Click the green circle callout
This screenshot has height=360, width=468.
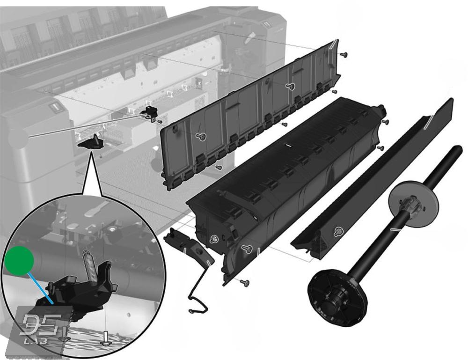19,261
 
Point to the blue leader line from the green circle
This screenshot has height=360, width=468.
41,288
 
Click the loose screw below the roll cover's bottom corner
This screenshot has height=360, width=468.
245,282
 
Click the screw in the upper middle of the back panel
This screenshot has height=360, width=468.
290,86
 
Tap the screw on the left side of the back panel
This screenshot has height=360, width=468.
201,137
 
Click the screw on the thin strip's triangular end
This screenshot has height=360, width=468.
338,231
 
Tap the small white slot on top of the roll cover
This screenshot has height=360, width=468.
288,146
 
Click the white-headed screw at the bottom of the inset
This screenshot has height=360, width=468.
105,338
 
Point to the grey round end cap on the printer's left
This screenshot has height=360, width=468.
17,137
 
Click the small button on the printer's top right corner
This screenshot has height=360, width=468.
266,24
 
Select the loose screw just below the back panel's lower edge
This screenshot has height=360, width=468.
219,167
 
